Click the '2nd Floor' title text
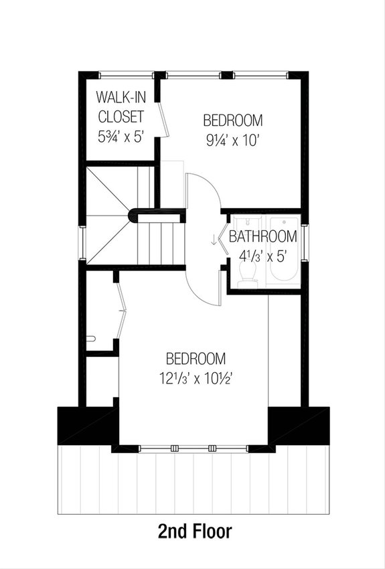195,532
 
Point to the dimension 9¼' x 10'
232,141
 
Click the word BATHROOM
262,236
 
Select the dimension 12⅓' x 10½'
195,378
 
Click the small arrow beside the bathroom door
214,239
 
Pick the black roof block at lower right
299,425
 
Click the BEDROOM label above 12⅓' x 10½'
196,357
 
